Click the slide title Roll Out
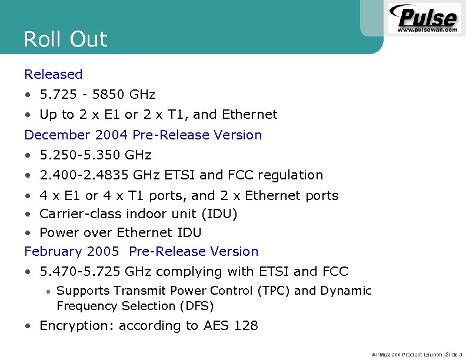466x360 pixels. [65, 39]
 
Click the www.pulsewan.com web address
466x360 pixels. [427, 29]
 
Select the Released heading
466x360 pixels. [54, 74]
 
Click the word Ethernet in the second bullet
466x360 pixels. [248, 114]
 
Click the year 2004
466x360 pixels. [111, 135]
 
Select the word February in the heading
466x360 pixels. [53, 252]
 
